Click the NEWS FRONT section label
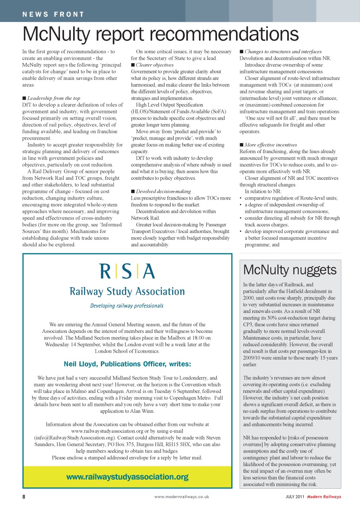tap(53, 15)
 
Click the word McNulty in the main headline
tap(61, 34)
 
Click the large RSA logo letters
tap(127, 272)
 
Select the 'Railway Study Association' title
tap(127, 291)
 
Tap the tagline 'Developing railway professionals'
tap(127, 306)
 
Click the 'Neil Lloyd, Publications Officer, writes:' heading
tap(127, 364)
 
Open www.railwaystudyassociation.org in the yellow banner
tap(127, 477)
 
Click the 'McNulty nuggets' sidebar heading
tap(290, 270)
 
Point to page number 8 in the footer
tap(24, 497)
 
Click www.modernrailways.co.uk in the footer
tap(182, 497)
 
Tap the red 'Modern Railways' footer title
tap(324, 497)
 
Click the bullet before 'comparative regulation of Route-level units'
tap(241, 198)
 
